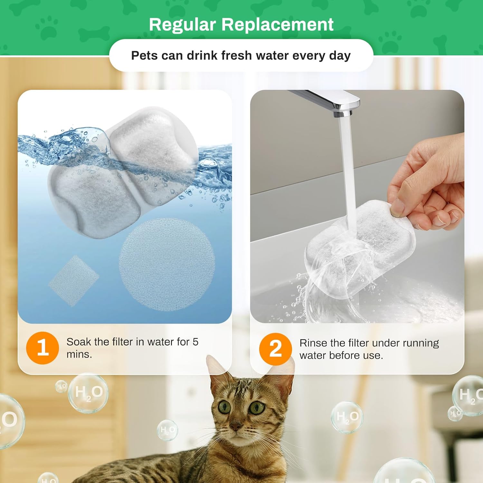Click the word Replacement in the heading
tap(278, 25)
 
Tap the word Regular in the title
tap(182, 25)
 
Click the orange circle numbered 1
tap(43, 348)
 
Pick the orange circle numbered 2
tap(275, 349)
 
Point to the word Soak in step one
tap(79, 342)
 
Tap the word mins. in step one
tap(79, 354)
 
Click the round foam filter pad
tap(167, 265)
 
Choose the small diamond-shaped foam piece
tap(74, 280)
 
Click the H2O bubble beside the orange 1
tap(88, 393)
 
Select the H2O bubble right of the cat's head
tap(347, 417)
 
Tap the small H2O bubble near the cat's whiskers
tap(167, 430)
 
